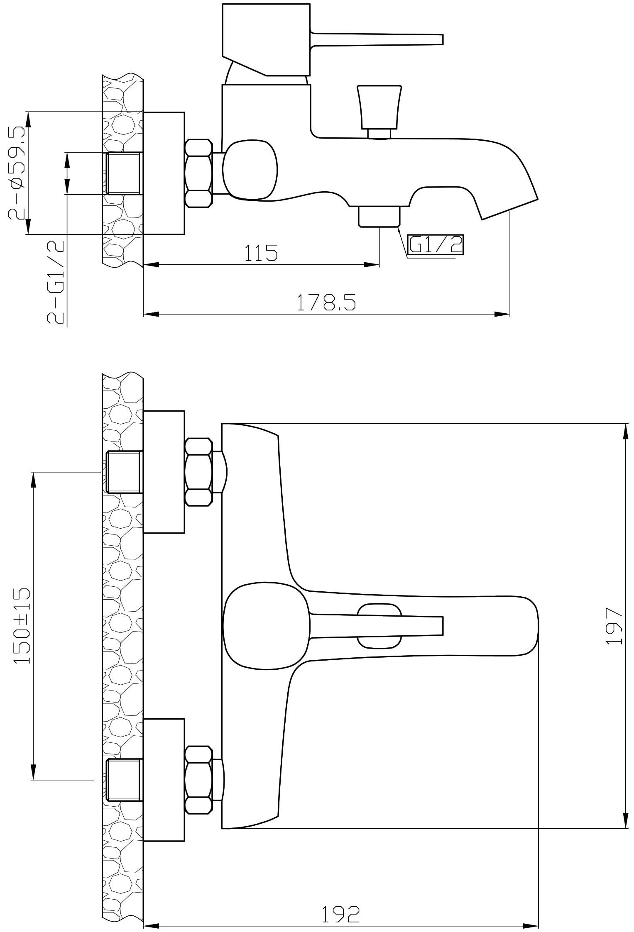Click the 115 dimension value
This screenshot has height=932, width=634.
click(260, 253)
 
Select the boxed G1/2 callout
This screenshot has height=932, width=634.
click(436, 245)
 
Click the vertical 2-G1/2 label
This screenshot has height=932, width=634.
click(56, 282)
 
